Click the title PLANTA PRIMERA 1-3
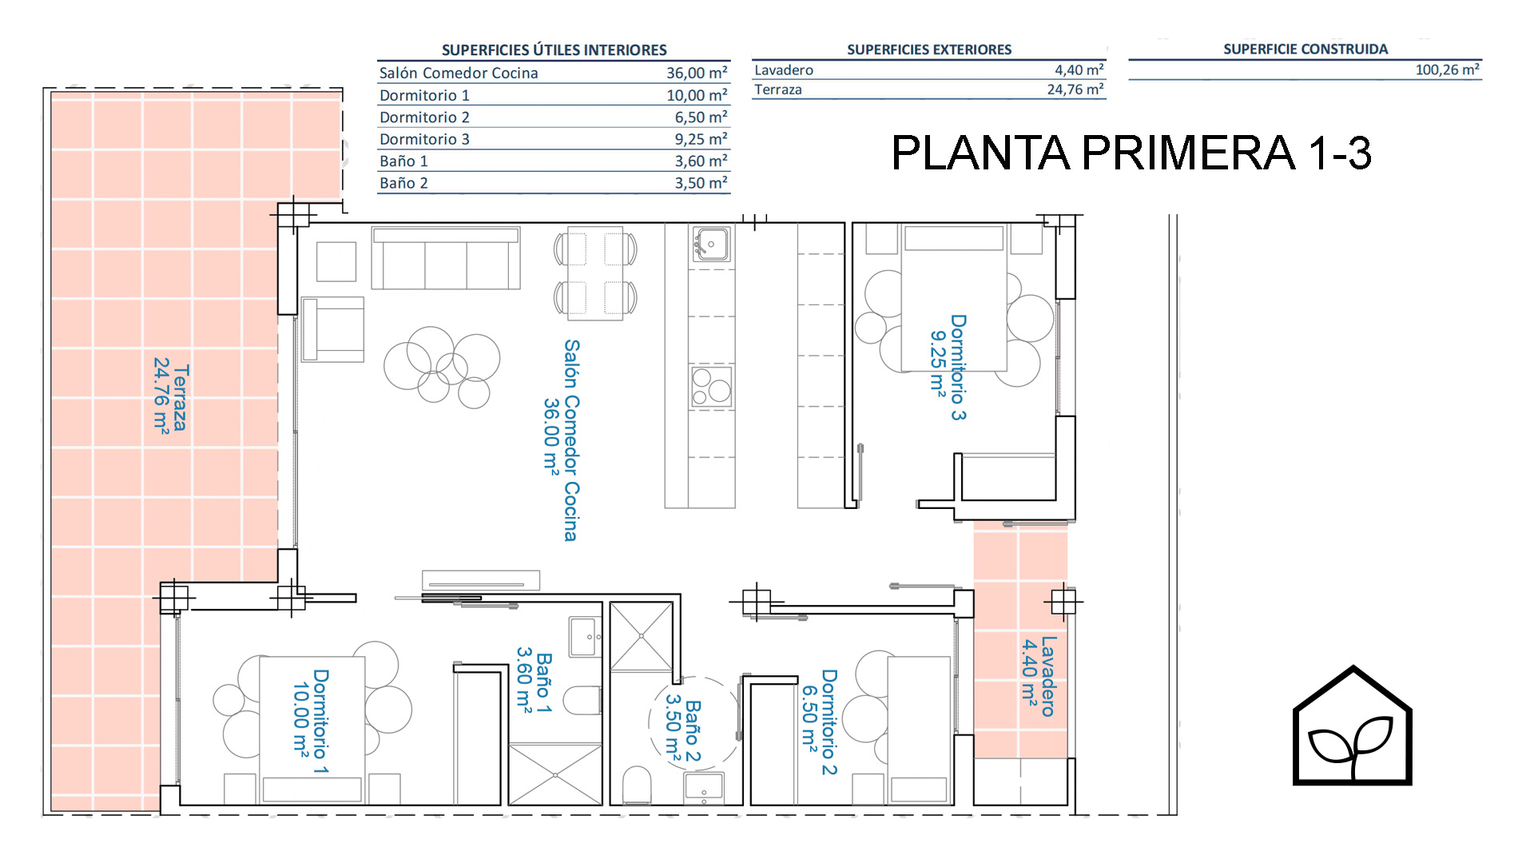pos(1131,153)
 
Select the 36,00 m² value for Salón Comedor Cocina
pos(697,73)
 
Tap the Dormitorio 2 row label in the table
pos(424,117)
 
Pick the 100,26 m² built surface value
pos(1447,70)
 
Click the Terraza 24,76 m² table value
pos(1075,89)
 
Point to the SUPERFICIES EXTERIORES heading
pos(929,50)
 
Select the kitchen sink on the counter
pos(710,244)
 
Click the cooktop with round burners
pos(711,387)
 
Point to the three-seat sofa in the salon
pos(446,258)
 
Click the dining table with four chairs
pos(596,273)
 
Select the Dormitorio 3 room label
pos(948,367)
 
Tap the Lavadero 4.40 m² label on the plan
pos(1039,676)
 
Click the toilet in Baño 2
pos(637,785)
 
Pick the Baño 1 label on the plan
pos(534,680)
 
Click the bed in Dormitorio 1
pos(312,730)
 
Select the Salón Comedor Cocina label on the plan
pos(561,440)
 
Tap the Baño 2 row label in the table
pos(403,183)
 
